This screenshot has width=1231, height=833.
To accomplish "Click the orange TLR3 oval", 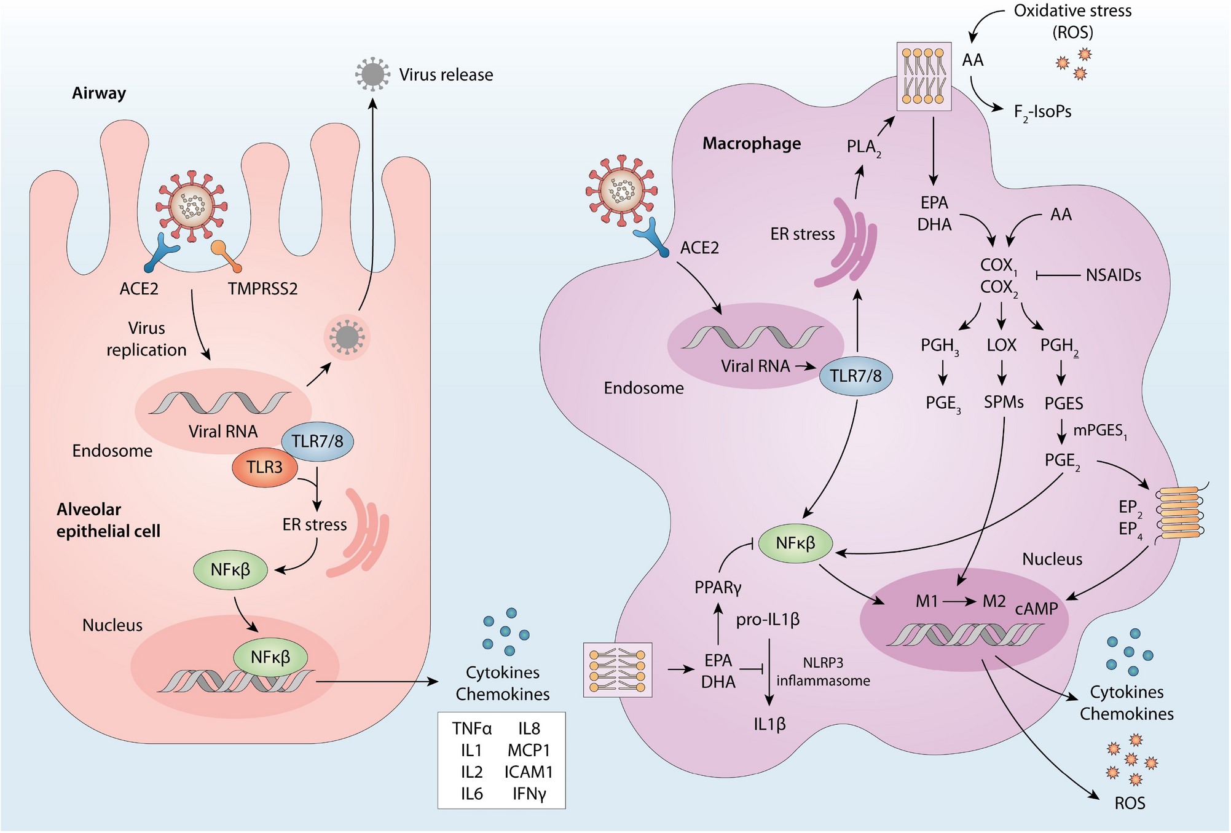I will click(x=265, y=468).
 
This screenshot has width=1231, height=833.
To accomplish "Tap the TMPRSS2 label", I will click(x=262, y=288).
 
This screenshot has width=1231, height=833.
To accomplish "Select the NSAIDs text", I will click(x=1113, y=275).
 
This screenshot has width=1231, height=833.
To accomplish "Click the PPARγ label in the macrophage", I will click(x=718, y=588).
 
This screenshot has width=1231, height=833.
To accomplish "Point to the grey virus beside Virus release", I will click(x=372, y=74).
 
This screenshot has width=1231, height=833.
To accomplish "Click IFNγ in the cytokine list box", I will click(x=529, y=794).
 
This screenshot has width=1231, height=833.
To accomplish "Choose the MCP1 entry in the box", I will click(x=529, y=750).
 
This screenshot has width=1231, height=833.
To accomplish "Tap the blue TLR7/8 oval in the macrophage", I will click(x=855, y=376).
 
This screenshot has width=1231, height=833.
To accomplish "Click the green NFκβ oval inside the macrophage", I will click(x=795, y=543).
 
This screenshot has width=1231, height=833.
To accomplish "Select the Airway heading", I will click(x=99, y=93).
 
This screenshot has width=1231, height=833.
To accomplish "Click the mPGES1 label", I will click(x=1099, y=430).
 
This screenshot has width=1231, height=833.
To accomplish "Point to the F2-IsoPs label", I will click(x=1042, y=112).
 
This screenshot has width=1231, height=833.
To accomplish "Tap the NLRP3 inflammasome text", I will click(x=823, y=671).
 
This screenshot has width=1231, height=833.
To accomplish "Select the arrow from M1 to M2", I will click(x=960, y=601).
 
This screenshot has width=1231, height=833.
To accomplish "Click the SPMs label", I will click(x=1004, y=402).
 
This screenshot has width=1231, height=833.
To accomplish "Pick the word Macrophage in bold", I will click(x=752, y=143).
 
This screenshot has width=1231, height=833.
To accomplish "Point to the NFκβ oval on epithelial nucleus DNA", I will click(x=270, y=657).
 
